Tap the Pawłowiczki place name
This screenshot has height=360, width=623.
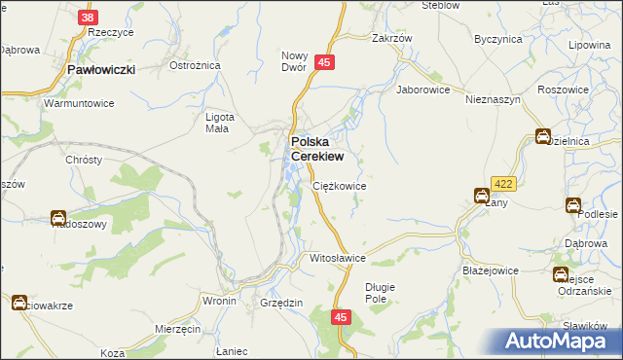(100, 69)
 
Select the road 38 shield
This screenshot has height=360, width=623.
(90, 18)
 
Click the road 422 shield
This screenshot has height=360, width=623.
(502, 183)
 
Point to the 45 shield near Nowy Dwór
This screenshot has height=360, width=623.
(325, 62)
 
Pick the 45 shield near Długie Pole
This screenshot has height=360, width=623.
(341, 317)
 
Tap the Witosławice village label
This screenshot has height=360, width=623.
(336, 259)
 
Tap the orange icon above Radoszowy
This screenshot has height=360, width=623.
(58, 218)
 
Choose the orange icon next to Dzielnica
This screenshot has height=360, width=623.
(543, 137)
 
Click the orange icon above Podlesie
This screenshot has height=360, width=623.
(573, 204)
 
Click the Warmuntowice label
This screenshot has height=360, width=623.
(80, 102)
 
